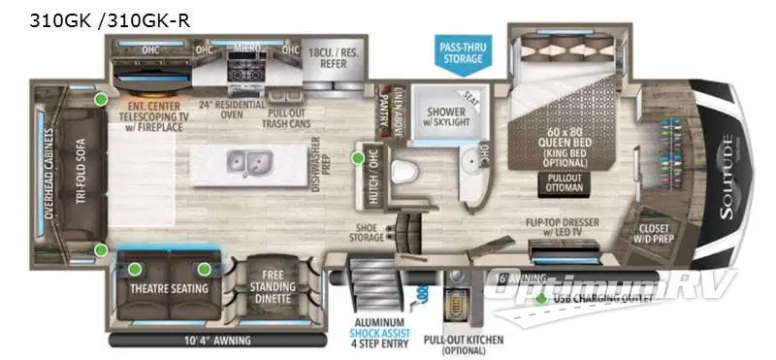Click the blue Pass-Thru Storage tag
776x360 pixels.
pyautogui.click(x=463, y=52)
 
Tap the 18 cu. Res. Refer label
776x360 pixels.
pyautogui.click(x=332, y=56)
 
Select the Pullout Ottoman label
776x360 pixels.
pyautogui.click(x=566, y=183)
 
